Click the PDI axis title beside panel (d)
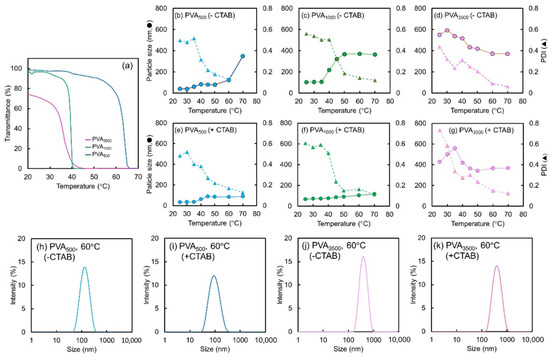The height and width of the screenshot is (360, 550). [x=545, y=51]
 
